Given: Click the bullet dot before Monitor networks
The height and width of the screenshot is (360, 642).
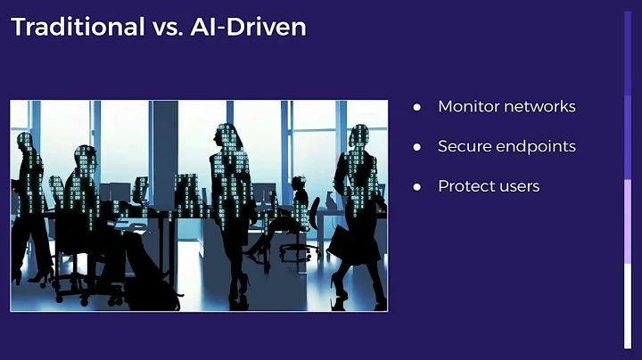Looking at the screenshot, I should coord(416,107).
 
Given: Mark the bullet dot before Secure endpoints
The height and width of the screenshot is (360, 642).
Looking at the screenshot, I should coord(416,147).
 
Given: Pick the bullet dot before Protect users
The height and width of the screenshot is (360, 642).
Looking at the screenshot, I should coord(416,187).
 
